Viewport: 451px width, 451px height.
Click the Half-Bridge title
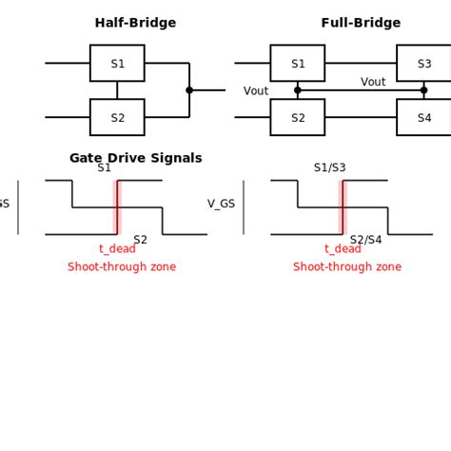135,23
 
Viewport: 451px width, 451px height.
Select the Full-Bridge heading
361,23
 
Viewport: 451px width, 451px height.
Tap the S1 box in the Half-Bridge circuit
117,64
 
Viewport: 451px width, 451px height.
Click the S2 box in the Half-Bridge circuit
117,118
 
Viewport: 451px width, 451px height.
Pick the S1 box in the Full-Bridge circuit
297,64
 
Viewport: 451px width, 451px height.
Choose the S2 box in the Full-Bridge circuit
297,118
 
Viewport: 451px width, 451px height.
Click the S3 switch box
423,64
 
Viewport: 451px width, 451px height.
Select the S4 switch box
423,118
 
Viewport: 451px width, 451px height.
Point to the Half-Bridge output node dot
189,90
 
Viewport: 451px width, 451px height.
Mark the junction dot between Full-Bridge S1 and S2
298,90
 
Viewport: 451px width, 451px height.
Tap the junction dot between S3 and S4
423,90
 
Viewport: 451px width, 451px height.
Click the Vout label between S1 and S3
373,82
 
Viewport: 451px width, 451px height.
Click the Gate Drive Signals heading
135,158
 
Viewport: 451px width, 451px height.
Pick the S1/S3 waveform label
329,167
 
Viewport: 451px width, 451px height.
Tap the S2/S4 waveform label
365,240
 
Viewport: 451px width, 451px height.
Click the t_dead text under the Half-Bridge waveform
117,249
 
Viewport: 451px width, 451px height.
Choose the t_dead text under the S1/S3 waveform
343,249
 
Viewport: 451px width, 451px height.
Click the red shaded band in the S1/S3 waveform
343,206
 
